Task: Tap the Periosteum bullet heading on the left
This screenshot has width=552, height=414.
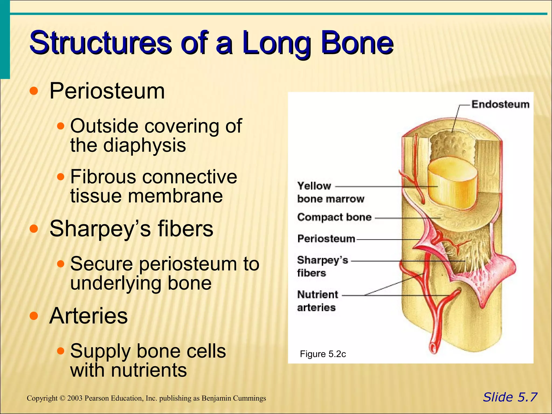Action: (x=107, y=91)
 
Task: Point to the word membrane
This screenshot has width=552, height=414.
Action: (x=175, y=196)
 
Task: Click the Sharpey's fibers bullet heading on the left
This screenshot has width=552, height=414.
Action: (x=131, y=229)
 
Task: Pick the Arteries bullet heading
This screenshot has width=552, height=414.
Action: (x=88, y=316)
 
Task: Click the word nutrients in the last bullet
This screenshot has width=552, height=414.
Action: (x=149, y=370)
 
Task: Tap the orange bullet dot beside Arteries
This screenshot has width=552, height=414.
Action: (x=34, y=316)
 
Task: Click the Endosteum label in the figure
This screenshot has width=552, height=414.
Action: (x=500, y=104)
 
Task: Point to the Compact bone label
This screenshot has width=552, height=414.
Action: (x=334, y=217)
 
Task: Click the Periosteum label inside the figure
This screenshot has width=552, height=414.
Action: (x=326, y=239)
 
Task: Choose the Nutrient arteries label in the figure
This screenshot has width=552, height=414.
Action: (x=318, y=301)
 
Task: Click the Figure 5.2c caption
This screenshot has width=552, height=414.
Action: (x=323, y=354)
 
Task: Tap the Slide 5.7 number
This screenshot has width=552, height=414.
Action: (x=510, y=397)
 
